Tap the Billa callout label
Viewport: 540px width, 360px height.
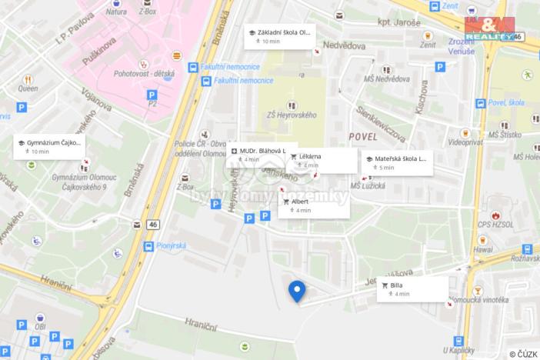click(412, 289)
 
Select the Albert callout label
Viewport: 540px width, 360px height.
click(314, 205)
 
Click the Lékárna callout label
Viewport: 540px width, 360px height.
click(323, 160)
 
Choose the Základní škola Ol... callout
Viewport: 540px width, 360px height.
click(281, 36)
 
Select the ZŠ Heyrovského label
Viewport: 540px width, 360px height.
click(292, 115)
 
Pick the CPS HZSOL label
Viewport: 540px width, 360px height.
click(494, 225)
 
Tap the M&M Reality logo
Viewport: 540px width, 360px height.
click(490, 28)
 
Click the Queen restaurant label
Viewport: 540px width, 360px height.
click(28, 88)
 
